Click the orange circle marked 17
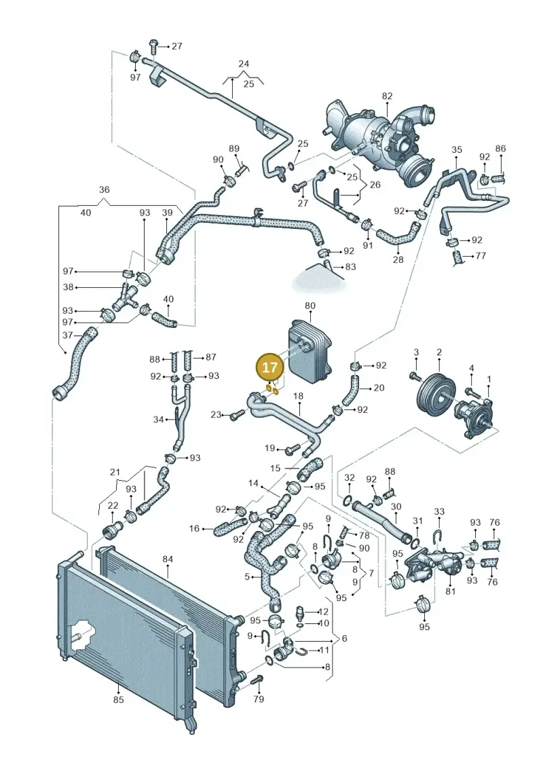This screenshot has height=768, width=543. (269, 367)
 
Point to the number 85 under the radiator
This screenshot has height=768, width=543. (119, 699)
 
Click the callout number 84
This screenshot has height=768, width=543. (168, 559)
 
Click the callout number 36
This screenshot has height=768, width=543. (105, 189)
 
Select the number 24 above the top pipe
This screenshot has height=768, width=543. (244, 64)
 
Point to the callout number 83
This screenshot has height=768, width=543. (351, 266)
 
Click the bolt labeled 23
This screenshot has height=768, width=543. (238, 415)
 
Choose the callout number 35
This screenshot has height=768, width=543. (456, 149)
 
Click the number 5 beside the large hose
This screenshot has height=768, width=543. (247, 577)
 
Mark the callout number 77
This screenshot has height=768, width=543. (481, 256)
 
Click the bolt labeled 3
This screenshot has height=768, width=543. (415, 376)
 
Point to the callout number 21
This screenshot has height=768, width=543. (115, 472)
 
